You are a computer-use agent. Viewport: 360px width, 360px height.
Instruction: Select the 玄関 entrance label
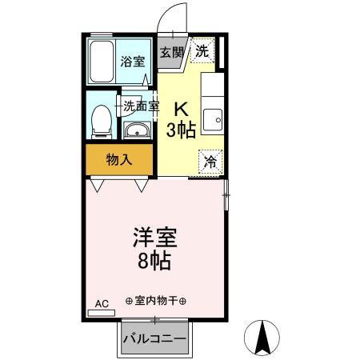[170, 52]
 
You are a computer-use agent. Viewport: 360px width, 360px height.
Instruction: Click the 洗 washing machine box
[202, 50]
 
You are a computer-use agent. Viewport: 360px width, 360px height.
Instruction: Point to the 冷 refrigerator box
[210, 159]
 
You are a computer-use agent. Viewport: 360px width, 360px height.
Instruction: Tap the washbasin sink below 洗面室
[137, 131]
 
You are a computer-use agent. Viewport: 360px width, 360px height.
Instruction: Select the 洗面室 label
[141, 105]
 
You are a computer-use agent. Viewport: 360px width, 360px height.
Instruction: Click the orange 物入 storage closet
[119, 159]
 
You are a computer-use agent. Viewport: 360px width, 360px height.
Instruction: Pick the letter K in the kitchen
[182, 109]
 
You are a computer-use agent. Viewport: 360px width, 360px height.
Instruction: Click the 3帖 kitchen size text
[182, 130]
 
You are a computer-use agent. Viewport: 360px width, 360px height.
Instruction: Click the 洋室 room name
[155, 238]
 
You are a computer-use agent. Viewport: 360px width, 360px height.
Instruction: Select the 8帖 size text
[155, 261]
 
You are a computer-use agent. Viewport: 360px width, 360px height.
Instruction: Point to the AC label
[101, 303]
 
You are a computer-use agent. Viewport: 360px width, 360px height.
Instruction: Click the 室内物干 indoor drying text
[156, 301]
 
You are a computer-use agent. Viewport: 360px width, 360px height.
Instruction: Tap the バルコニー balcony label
[155, 338]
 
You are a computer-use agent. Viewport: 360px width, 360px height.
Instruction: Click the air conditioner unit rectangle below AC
[101, 312]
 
